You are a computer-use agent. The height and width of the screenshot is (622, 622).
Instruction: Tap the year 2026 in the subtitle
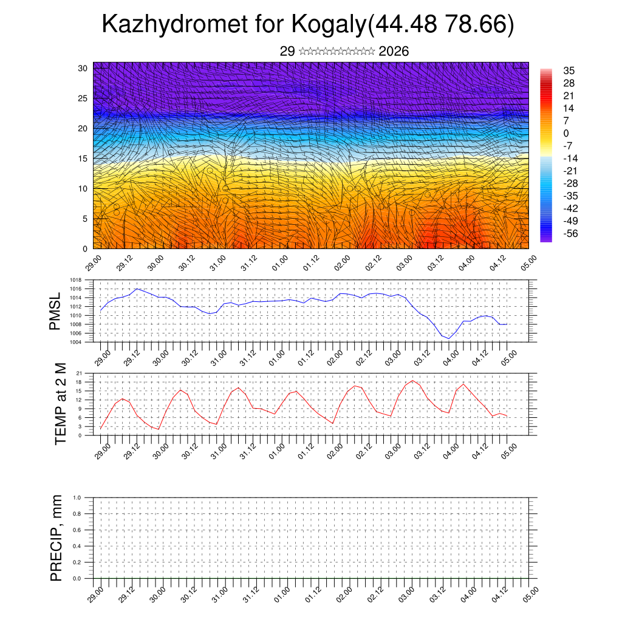coord(394,52)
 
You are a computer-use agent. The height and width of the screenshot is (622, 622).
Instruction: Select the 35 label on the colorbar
coord(569,70)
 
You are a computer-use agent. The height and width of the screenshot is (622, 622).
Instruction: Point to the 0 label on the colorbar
coord(566,133)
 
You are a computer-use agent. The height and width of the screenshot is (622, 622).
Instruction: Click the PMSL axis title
coord(55,311)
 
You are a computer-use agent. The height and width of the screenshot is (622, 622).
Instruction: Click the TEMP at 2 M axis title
coord(61,403)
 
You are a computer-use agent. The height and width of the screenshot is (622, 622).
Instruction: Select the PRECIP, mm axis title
coord(56,538)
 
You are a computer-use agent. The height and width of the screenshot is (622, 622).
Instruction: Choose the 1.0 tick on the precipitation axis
coord(77,497)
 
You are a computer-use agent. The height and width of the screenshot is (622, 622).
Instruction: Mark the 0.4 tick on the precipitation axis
coord(77,546)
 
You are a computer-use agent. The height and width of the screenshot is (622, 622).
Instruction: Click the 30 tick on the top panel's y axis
coord(83,68)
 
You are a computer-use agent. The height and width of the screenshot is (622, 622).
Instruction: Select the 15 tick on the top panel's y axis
coord(83,159)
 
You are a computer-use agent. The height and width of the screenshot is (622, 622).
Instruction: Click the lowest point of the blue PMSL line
coord(449,338)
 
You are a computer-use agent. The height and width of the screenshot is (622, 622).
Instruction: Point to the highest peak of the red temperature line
coord(412,381)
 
